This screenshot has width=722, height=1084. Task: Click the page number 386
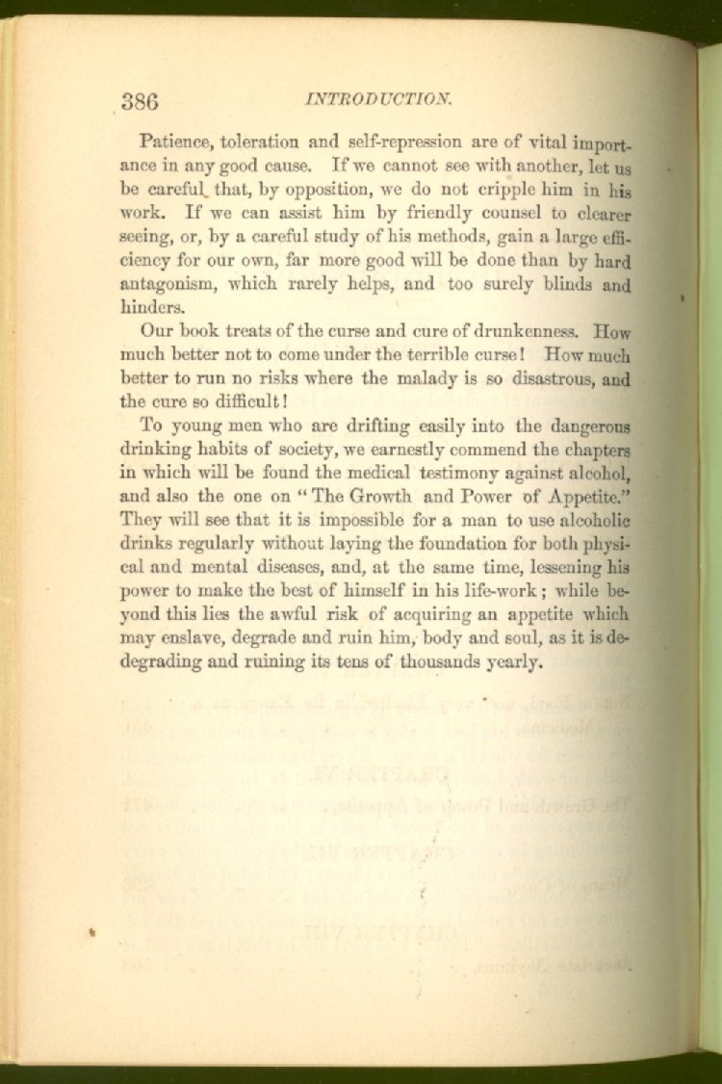[x=140, y=101]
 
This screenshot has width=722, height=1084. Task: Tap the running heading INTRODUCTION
[x=378, y=98]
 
